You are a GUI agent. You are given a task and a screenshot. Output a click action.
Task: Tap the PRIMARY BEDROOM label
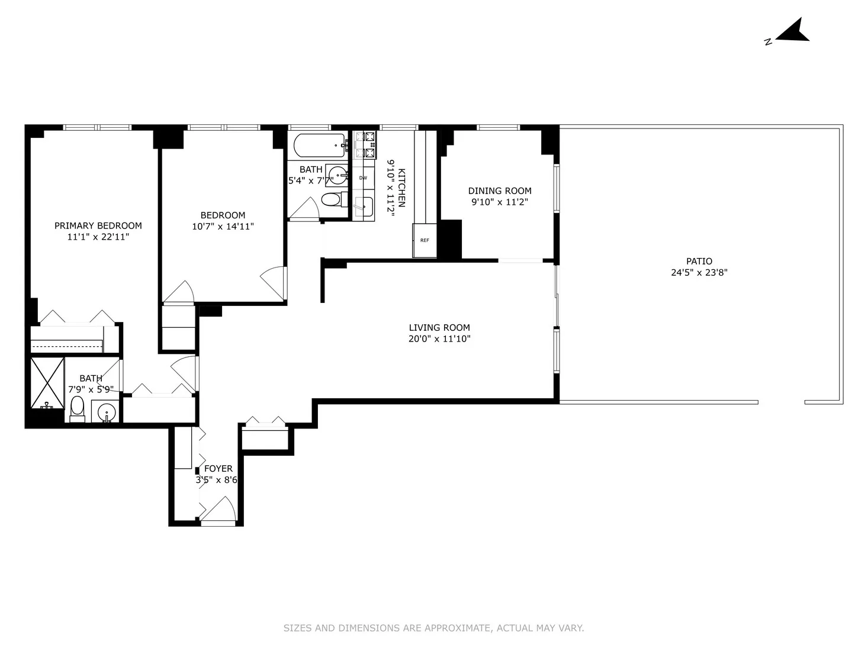coord(98,225)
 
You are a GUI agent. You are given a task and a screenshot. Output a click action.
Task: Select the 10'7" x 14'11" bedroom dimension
coord(223,226)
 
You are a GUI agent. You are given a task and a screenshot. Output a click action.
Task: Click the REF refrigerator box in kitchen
coord(425,240)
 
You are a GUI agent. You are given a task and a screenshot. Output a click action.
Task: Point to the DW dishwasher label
coord(363,178)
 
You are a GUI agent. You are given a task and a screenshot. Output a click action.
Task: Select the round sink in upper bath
coord(338,175)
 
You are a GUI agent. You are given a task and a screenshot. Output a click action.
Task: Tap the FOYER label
coord(218,469)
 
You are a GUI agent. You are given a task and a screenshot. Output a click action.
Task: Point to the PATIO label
coord(699,261)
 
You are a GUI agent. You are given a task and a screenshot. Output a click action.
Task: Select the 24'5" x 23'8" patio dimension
coord(699,273)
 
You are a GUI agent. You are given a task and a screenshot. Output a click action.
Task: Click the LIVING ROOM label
coord(439,327)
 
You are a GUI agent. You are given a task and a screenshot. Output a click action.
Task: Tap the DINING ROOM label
coord(500,191)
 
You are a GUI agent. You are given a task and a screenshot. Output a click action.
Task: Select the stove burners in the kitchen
coord(364,145)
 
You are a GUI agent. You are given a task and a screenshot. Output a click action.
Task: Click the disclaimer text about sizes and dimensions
coord(433,628)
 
